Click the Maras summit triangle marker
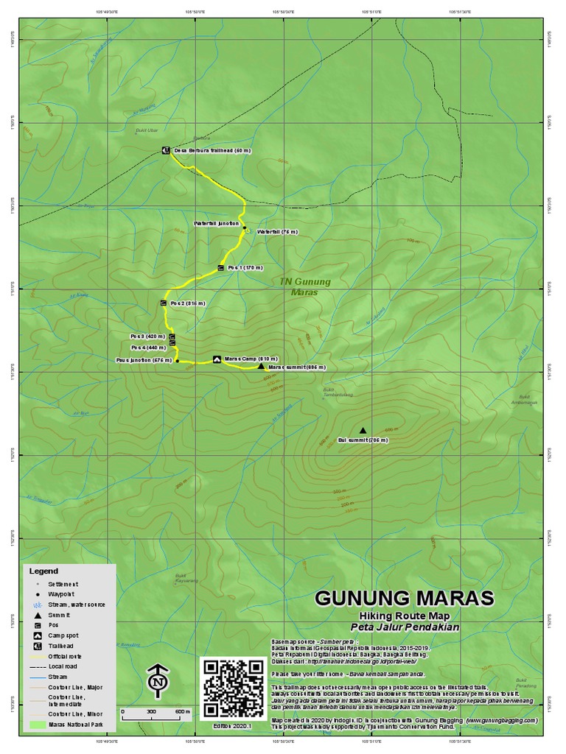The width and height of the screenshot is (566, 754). coord(261,365)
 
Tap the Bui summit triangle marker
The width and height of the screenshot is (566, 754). coord(362,431)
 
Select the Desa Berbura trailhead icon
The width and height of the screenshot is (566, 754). coord(166,151)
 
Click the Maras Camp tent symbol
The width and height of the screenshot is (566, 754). coord(217,359)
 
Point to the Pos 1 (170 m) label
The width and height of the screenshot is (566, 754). coord(245,267)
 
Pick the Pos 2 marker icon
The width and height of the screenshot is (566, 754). coord(163,303)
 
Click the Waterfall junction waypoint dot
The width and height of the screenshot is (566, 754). coord(244,228)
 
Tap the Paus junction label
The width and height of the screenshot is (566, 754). coord(144,361)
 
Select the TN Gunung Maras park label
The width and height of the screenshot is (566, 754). coord(304,286)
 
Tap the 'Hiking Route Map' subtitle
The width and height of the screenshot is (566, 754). coord(405,616)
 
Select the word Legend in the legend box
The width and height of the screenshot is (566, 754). coord(43,571)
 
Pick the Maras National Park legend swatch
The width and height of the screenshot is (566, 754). coord(37,725)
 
